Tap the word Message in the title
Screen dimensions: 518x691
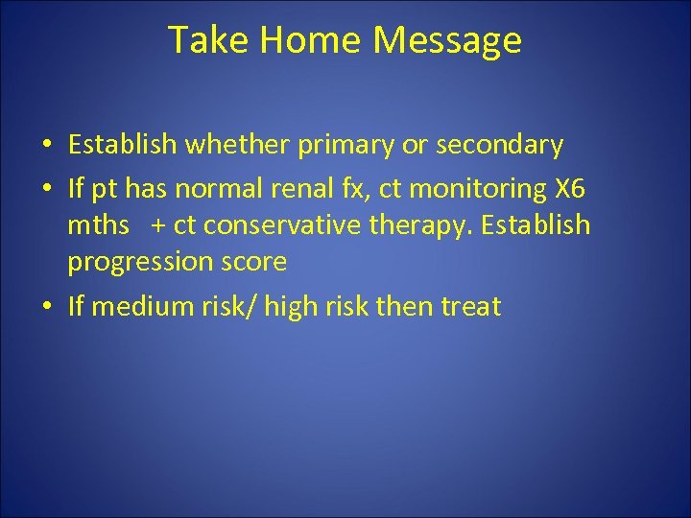[x=447, y=40]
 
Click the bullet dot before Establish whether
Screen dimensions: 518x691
[x=48, y=146]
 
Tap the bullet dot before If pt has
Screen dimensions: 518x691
[x=48, y=192]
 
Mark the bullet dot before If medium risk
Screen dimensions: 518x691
[x=48, y=307]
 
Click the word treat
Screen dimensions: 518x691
[x=468, y=307]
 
